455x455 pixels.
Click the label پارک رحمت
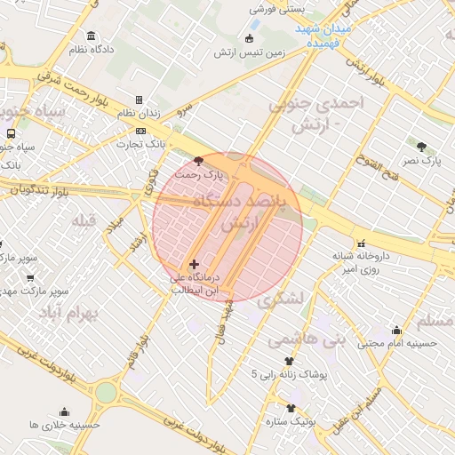coord(198,176)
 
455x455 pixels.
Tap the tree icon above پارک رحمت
coord(197,161)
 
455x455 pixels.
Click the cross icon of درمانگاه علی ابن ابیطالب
coord(194,264)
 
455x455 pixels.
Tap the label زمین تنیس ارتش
coord(249,52)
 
